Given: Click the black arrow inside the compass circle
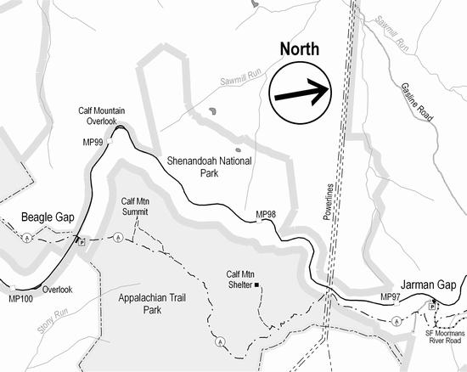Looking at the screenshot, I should click(301, 93).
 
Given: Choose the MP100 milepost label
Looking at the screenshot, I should click(20, 299).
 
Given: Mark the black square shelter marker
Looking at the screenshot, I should click(256, 285).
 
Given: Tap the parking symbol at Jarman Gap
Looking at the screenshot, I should click(432, 305).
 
